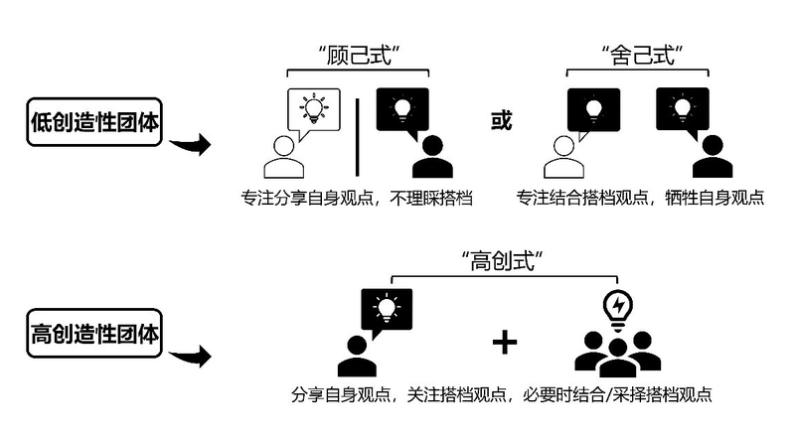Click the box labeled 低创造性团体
point(94,121)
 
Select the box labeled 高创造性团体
point(94,332)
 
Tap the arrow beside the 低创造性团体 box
point(190,147)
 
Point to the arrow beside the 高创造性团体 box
point(190,356)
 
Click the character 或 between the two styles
point(503,121)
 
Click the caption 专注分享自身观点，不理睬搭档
point(356,198)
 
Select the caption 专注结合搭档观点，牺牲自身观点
point(639,198)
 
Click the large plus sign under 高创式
point(506,343)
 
